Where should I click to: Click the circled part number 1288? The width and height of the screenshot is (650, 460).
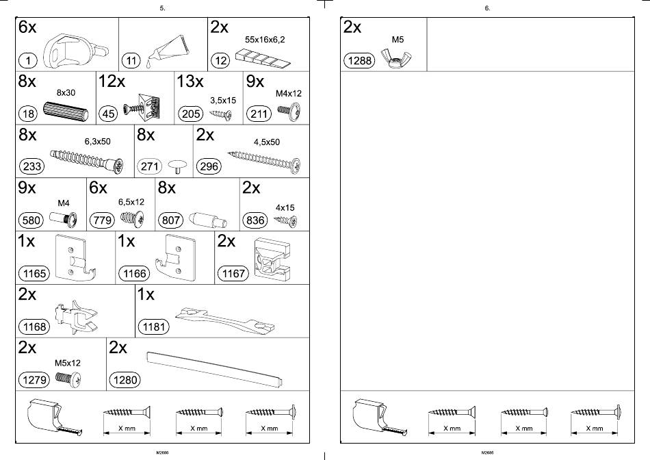pos(360,60)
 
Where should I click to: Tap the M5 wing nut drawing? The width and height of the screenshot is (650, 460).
pos(395,59)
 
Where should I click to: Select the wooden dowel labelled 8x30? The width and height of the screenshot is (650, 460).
pos(65,110)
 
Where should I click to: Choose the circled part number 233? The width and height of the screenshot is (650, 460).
pos(33,166)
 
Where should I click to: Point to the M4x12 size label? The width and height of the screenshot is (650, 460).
pos(288,94)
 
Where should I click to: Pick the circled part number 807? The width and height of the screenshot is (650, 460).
pos(170,220)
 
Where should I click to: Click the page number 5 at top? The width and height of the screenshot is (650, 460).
pos(162,8)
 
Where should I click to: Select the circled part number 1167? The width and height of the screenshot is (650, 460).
pos(233,274)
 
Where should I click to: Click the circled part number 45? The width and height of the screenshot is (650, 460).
pos(108,114)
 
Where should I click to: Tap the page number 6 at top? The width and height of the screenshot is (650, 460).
pos(487,8)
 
